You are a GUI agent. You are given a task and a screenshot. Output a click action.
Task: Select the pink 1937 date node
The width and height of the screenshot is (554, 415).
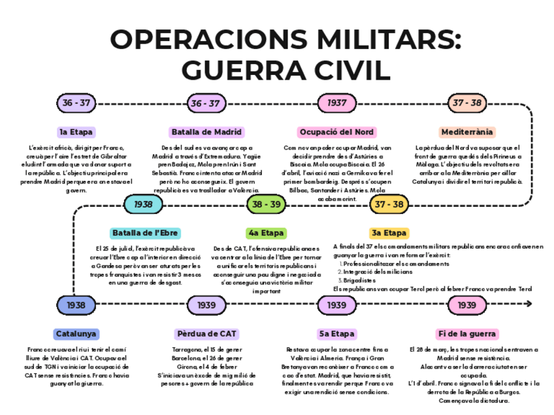336,103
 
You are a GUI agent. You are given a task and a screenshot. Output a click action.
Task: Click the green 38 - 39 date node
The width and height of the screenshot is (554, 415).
266,204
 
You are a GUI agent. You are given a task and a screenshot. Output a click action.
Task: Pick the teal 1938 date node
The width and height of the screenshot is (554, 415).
143,204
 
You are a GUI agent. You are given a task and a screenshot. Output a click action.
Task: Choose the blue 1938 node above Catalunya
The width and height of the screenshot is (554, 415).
76,305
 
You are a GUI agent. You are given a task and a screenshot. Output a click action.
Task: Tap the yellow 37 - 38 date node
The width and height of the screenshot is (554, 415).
389,204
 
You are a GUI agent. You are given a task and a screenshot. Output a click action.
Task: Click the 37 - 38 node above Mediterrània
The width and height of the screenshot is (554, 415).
467,103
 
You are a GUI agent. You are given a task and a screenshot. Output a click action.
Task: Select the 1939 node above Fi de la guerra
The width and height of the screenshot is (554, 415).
466,305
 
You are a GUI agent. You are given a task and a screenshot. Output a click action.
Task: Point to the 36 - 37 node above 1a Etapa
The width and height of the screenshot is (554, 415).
76,103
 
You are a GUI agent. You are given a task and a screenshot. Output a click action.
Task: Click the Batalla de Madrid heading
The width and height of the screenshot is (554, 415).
206,132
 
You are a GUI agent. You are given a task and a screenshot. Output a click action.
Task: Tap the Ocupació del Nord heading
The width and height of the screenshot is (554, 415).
336,132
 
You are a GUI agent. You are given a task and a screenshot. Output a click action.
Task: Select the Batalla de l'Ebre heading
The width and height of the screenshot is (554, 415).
144,233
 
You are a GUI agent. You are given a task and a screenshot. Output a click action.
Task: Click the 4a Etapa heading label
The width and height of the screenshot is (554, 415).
266,233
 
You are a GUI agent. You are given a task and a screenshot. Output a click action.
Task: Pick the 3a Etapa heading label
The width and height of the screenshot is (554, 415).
389,233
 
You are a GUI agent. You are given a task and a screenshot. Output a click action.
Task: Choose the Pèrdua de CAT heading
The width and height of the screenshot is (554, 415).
206,334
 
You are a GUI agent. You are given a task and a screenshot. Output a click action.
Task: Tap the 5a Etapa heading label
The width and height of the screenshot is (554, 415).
336,334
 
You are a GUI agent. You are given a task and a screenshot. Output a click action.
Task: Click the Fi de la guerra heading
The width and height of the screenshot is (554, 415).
467,334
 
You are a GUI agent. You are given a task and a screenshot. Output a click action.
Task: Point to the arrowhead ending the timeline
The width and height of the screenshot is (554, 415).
529,304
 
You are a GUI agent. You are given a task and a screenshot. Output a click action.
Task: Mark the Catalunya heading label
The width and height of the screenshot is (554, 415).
76,334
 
